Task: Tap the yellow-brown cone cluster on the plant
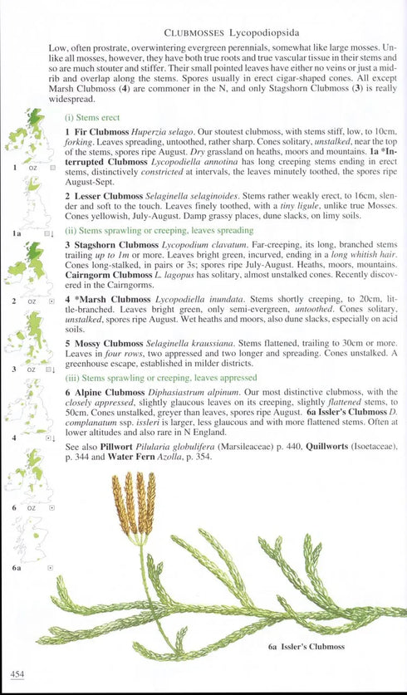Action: (x=134, y=503)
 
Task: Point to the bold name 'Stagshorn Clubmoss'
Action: (x=115, y=246)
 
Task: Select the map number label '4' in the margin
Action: (x=15, y=438)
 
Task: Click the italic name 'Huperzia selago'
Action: (x=169, y=132)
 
